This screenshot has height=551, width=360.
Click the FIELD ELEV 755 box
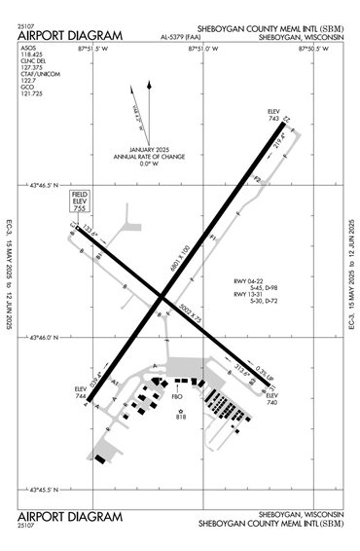click(x=80, y=202)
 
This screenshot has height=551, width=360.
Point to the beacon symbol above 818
click(x=180, y=410)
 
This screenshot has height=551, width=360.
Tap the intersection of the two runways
click(x=162, y=299)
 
